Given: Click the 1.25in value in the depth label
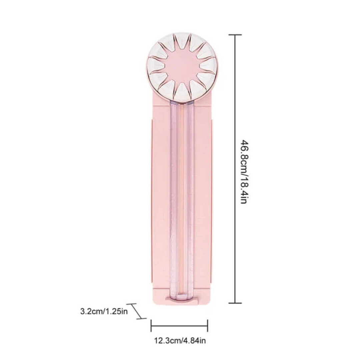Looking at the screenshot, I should click(x=116, y=312).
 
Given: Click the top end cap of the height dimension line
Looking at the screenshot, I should click(x=235, y=35).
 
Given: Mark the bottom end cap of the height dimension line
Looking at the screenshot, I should click(x=235, y=303).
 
